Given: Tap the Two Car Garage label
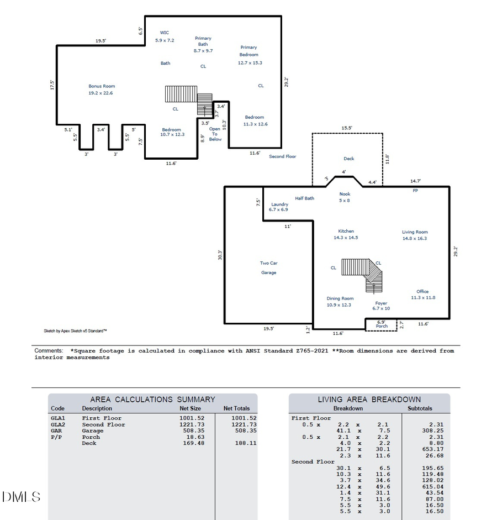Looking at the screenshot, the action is click(269, 267).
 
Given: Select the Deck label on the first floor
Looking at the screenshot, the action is click(349, 159).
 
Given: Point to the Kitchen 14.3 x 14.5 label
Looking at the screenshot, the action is click(346, 234).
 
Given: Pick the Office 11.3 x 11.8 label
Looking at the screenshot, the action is click(423, 295).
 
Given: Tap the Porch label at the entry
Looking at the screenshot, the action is click(382, 326).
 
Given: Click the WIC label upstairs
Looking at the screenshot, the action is click(165, 33).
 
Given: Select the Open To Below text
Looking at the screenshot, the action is click(215, 134).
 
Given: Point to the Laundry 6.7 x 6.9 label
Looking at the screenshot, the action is click(279, 207).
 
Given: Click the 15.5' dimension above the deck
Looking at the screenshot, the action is click(347, 128).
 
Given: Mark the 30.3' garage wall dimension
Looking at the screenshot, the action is click(220, 255).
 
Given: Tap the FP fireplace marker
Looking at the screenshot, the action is click(415, 191).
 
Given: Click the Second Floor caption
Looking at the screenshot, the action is click(283, 156).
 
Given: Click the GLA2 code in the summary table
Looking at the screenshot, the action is click(58, 424).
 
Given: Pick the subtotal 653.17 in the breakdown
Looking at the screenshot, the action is click(433, 449).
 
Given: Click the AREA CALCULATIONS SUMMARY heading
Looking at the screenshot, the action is click(153, 400).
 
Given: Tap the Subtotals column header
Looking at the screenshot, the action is click(420, 408).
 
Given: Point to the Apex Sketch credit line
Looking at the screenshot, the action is click(75, 330).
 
